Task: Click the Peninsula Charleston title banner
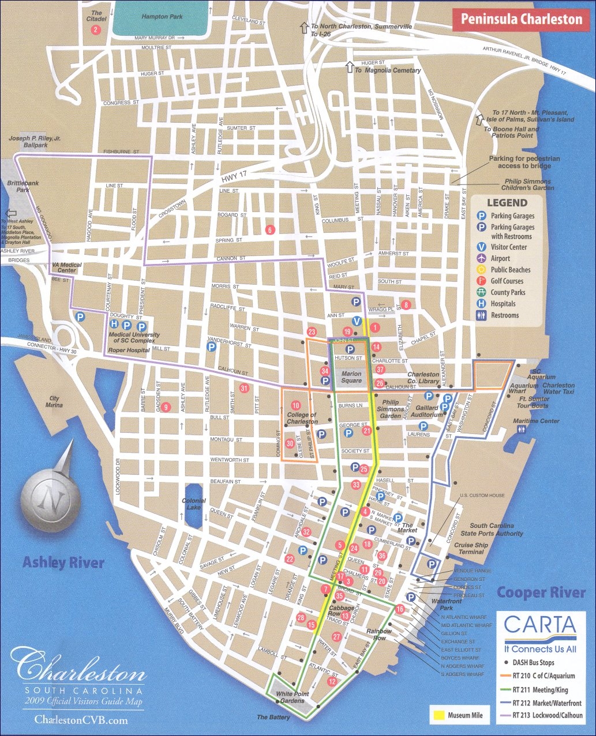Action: click(x=521, y=20)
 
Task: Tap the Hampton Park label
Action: click(x=162, y=17)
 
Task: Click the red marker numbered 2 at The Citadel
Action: click(x=96, y=29)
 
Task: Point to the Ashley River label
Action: click(x=63, y=563)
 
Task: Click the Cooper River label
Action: click(x=541, y=592)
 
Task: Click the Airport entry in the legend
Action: click(x=500, y=259)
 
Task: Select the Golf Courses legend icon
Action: click(x=481, y=281)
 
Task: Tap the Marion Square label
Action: click(x=351, y=377)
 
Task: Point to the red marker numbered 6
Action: click(x=269, y=229)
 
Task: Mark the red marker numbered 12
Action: click(x=331, y=681)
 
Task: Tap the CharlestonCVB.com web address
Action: click(x=81, y=720)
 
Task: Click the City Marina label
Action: click(x=54, y=402)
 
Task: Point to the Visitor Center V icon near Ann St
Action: click(x=357, y=321)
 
